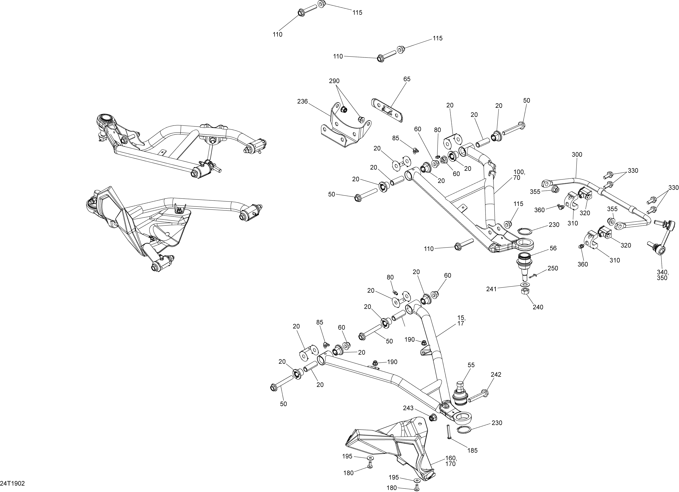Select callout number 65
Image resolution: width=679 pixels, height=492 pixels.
coord(407,79)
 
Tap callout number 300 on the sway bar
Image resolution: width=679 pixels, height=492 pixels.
coord(577,155)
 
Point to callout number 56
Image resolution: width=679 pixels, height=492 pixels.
coord(553,248)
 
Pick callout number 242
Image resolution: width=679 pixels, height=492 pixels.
coord(496,374)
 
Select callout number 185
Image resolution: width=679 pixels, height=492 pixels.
coord(472,450)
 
